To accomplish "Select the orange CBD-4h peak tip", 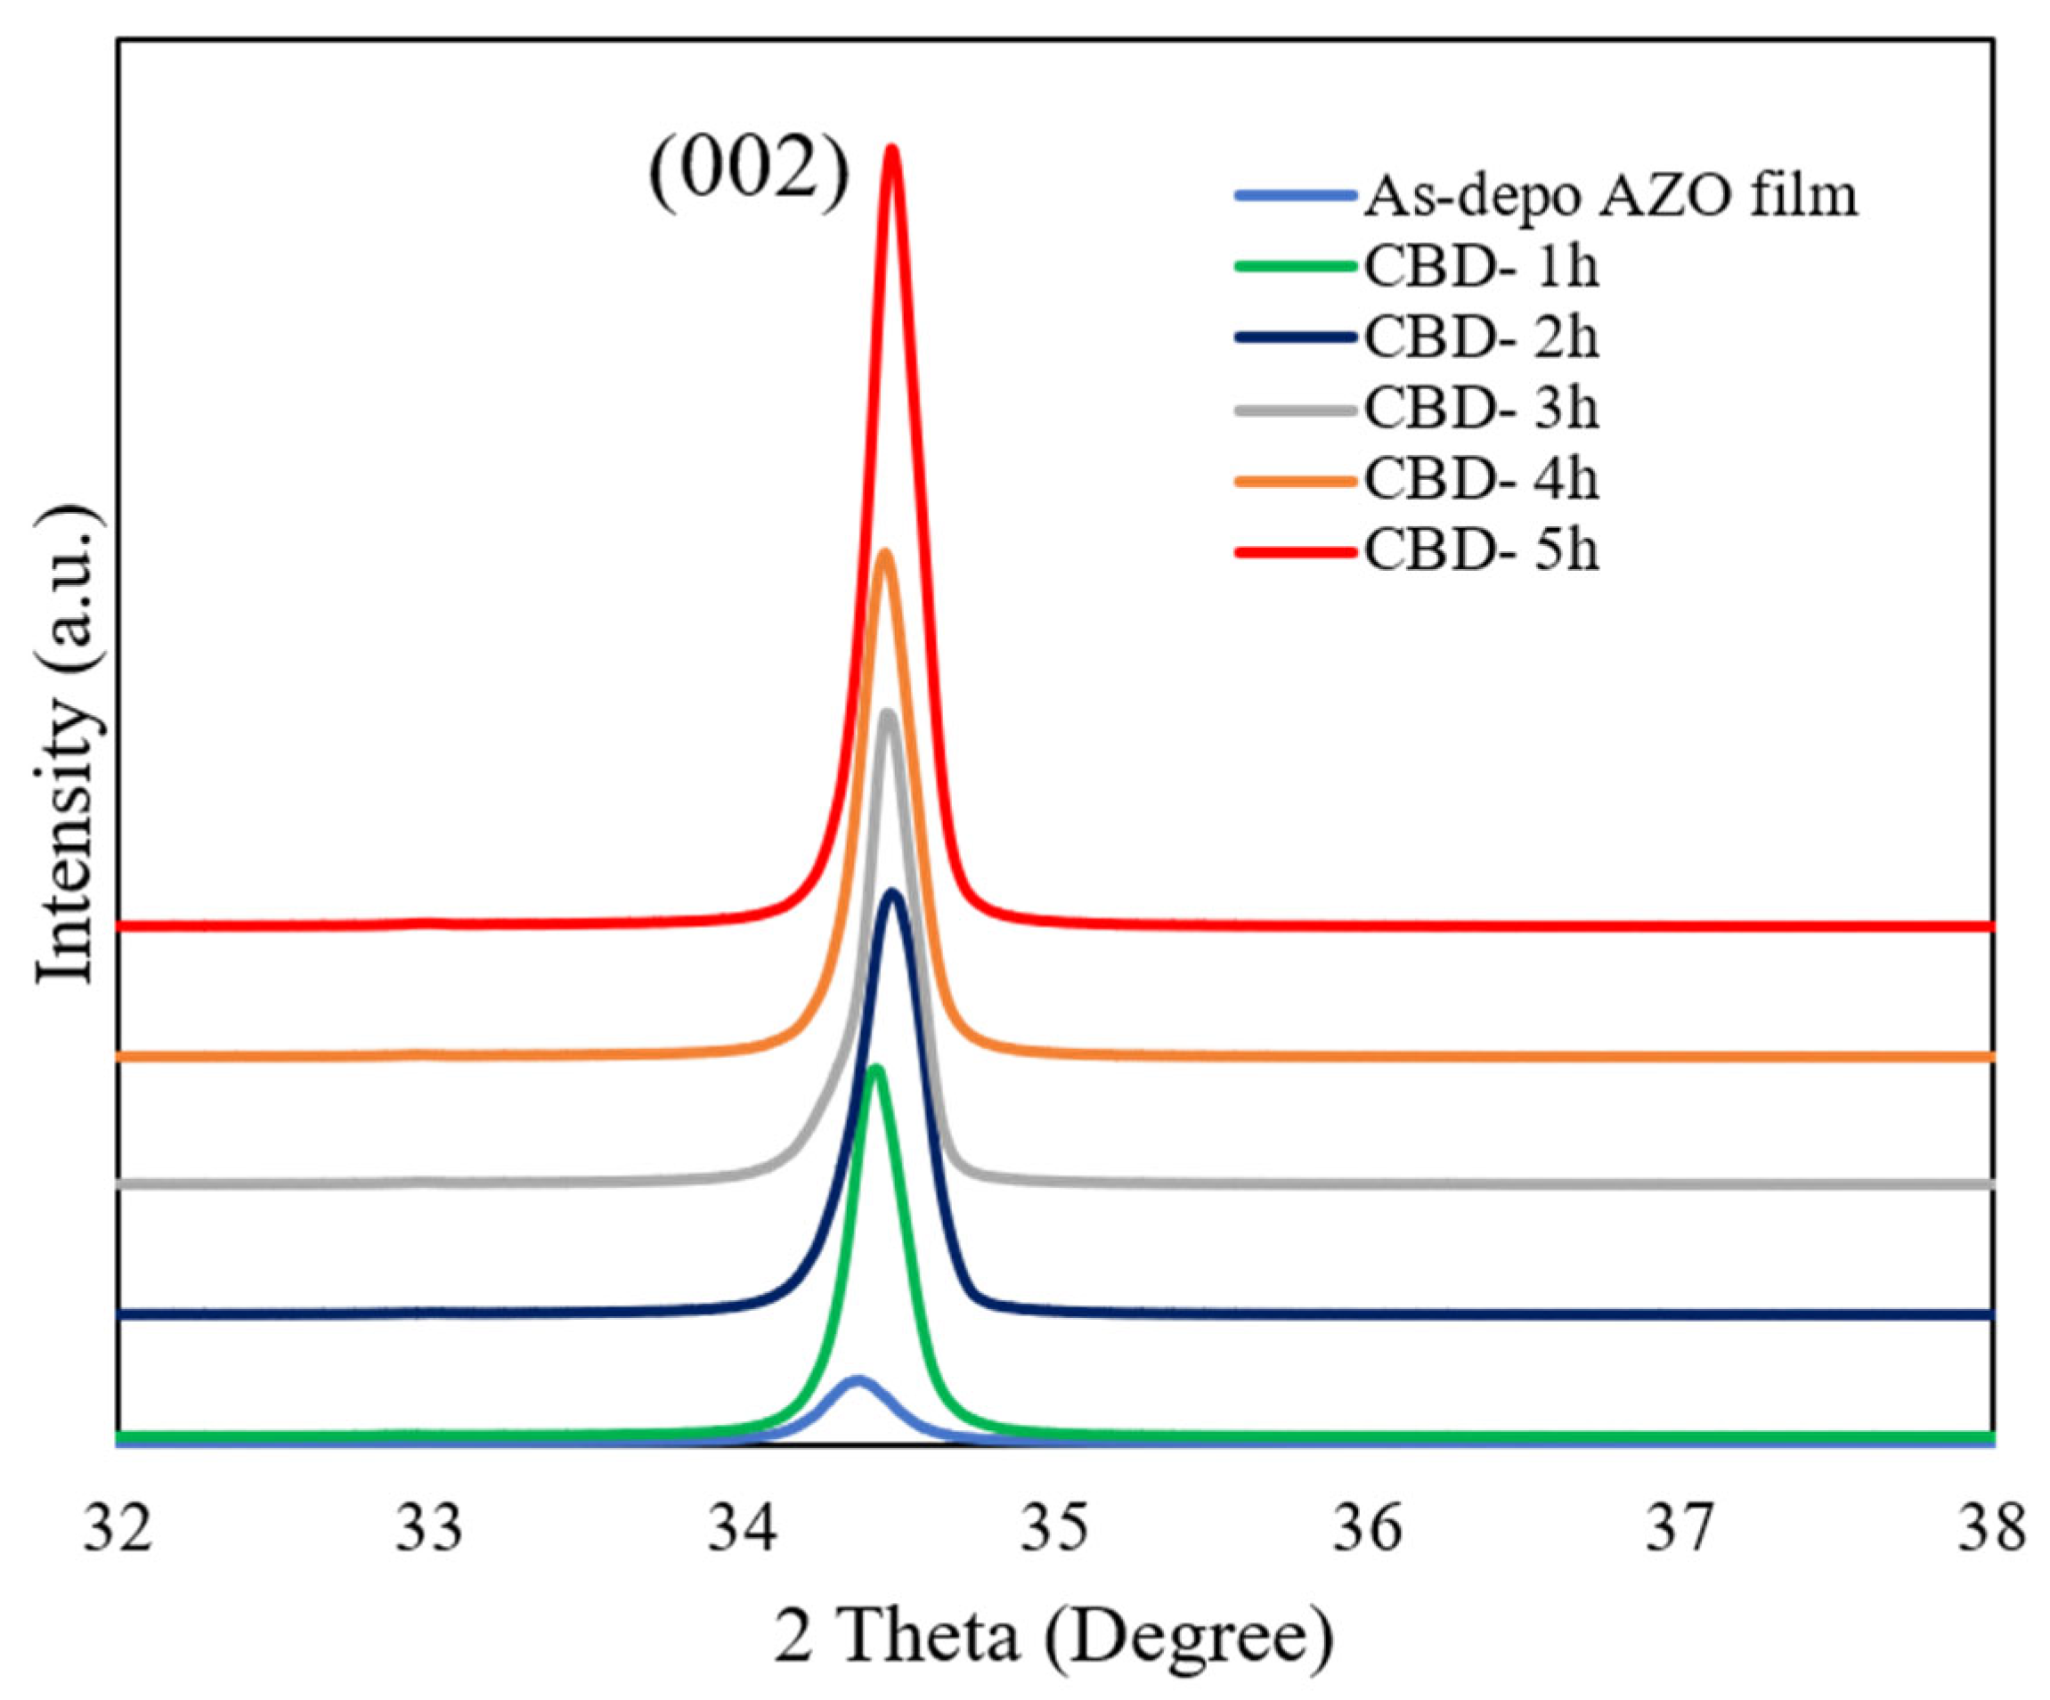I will (x=884, y=554).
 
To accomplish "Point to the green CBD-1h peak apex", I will (x=875, y=1069).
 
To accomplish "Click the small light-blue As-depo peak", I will (x=857, y=1382).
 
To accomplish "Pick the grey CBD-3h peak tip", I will (x=887, y=714).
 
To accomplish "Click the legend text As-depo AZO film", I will (x=1610, y=195).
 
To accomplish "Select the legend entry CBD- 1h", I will (x=1481, y=266).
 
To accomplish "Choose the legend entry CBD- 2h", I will (x=1481, y=338).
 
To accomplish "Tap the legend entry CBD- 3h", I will (x=1481, y=409).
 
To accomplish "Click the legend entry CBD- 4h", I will (x=1481, y=480).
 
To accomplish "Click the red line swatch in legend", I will (x=1296, y=553).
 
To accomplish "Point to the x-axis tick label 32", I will (x=118, y=1530).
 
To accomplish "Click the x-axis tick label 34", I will (x=743, y=1530).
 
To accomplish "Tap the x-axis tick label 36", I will (x=1368, y=1530).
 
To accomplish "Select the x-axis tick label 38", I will (x=1991, y=1530).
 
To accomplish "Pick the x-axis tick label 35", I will (x=1055, y=1530).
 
